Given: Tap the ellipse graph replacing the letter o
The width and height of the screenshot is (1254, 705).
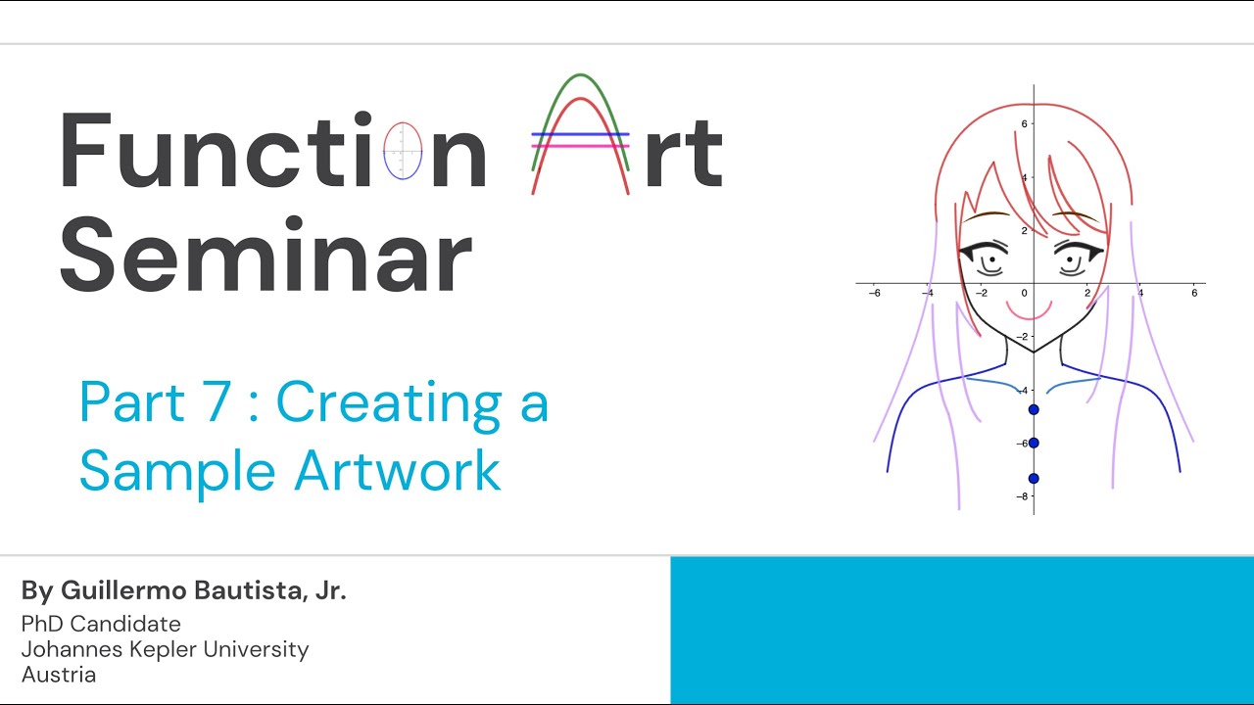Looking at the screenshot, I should (403, 151).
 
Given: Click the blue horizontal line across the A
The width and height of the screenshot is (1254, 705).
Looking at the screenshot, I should (581, 134).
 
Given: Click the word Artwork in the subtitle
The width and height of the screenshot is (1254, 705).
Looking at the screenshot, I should (398, 471).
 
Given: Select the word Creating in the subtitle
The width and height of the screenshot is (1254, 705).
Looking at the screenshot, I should (382, 402).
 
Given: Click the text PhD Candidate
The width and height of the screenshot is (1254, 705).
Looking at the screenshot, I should (101, 624).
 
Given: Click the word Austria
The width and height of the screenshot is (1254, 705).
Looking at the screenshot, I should (59, 675).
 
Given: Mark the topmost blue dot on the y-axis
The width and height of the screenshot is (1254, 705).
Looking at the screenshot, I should (1034, 408).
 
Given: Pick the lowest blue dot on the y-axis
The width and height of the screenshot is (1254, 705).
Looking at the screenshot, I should (1034, 479).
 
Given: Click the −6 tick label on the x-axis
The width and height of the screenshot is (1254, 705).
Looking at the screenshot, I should (874, 293).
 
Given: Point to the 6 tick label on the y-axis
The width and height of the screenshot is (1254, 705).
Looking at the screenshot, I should (1024, 123).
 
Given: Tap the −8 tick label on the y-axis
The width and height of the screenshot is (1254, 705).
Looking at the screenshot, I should (1022, 496).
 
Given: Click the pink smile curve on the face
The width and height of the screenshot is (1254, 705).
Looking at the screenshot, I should (1031, 313).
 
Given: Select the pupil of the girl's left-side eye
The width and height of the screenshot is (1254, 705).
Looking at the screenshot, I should (992, 260).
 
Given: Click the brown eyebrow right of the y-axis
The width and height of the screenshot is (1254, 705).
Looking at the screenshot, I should (1075, 214).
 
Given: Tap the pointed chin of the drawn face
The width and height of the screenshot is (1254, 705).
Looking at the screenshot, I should (1034, 351).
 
